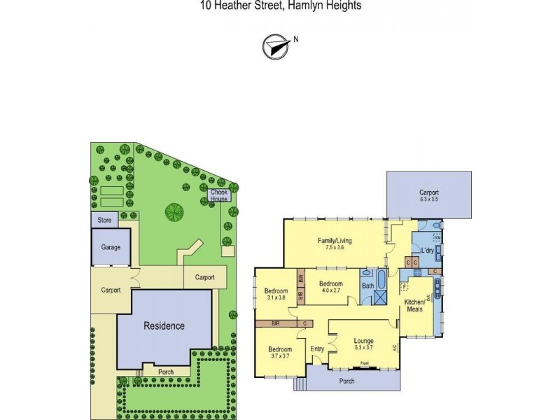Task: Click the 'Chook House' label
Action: click(219, 193)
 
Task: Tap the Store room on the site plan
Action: click(104, 220)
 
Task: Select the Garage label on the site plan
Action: click(111, 247)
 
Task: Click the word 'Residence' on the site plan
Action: click(164, 325)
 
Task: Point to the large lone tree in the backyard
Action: click(172, 209)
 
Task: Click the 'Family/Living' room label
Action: click(334, 241)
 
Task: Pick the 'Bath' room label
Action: click(367, 286)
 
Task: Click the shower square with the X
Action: click(380, 297)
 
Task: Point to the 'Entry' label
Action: click(318, 349)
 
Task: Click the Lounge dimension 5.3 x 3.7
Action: click(363, 346)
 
